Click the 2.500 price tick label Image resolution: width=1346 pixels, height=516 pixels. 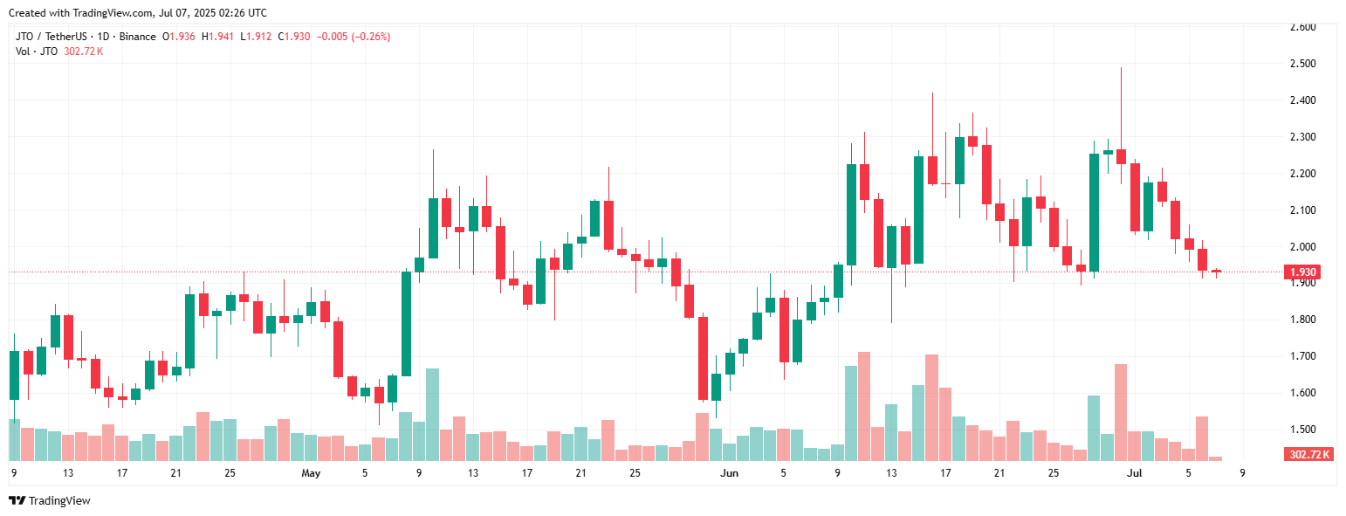coord(1303,64)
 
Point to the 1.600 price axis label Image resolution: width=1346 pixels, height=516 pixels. coord(1303,393)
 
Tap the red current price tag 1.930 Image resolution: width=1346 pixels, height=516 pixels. coord(1301,272)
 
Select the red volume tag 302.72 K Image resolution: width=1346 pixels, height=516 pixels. coord(1309,454)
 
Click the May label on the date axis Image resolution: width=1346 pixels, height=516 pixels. coord(311,473)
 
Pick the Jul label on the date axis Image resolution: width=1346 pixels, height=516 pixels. coord(1135,473)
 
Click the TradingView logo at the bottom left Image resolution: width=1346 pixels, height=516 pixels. coord(50,500)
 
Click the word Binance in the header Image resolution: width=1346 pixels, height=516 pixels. coord(136,37)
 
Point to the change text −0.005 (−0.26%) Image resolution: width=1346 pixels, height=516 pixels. coord(353,37)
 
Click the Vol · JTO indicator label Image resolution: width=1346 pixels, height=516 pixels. coord(38,52)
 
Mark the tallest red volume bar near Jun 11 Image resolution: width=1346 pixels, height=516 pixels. coord(864,406)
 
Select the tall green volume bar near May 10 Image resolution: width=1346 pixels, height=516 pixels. coord(432,415)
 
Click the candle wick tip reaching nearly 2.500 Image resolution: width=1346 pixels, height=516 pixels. coord(1121,68)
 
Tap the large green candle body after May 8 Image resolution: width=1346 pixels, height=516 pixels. coord(406,324)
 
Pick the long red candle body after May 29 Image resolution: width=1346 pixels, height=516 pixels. coord(703,358)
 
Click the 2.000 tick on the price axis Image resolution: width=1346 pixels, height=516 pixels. coord(1303,247)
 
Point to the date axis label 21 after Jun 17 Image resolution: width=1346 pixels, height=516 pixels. coord(999,473)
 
